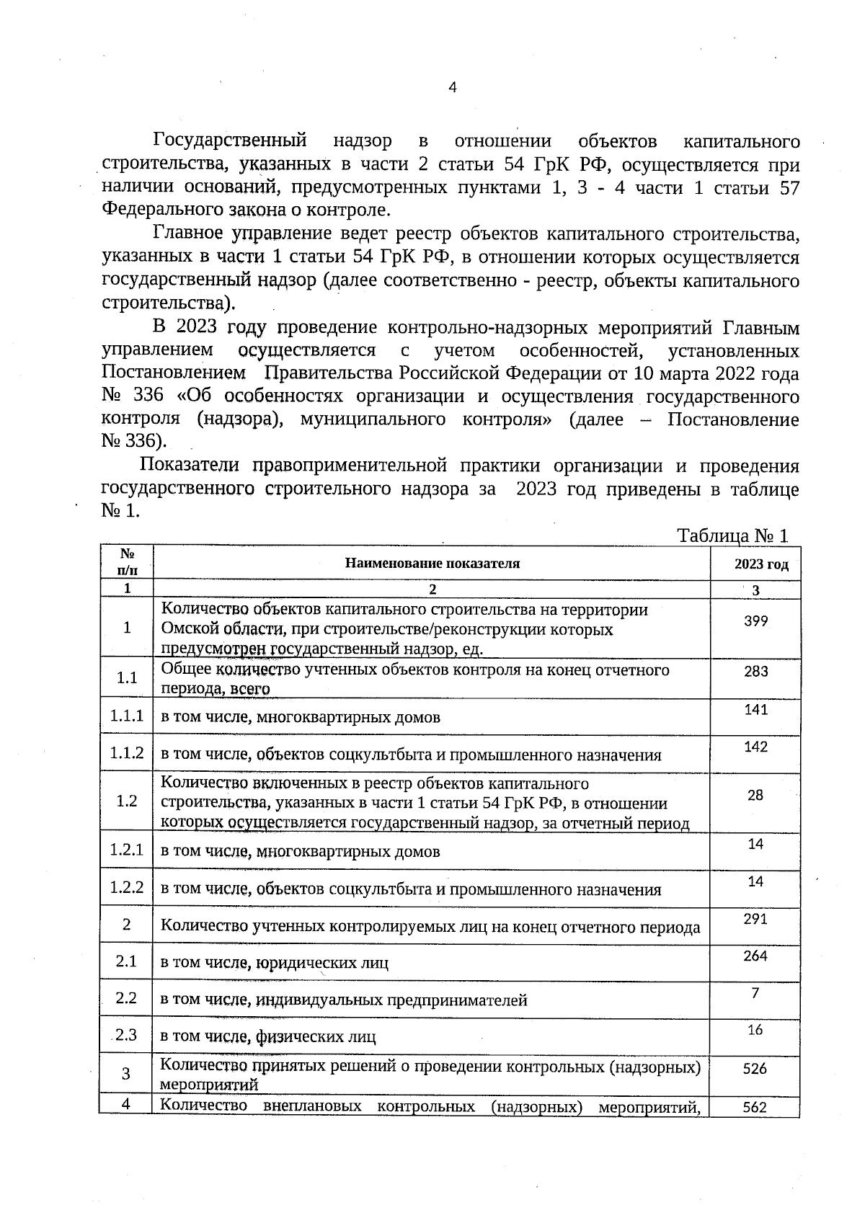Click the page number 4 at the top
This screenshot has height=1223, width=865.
453,88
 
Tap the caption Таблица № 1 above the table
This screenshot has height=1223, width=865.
732,535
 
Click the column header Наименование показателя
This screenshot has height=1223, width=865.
432,564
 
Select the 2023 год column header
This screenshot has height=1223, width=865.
755,564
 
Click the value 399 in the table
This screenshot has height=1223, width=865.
755,621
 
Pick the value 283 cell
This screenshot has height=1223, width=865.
755,671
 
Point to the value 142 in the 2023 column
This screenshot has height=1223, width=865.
755,747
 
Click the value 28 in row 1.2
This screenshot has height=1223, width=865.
755,795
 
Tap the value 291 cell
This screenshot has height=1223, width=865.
755,918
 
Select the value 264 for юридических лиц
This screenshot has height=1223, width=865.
755,956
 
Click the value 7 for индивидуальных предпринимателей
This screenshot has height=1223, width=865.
755,993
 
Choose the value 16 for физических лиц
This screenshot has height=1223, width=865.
755,1030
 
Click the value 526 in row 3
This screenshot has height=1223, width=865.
755,1069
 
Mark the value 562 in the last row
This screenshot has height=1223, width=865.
755,1108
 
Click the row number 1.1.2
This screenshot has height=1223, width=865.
127,753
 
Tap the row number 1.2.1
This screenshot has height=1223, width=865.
127,850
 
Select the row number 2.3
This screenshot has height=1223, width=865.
126,1036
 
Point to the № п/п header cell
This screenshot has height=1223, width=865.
127,561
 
